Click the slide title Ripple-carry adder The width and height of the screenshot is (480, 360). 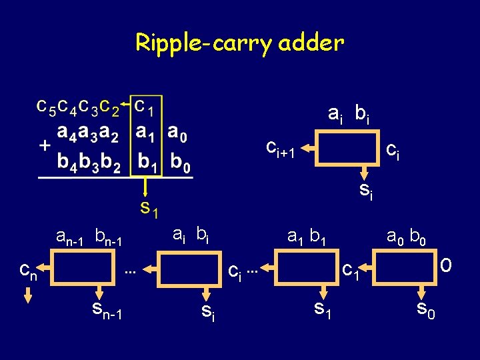(x=239, y=43)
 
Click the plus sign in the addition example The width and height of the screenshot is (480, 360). (x=45, y=145)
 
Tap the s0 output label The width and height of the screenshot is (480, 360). (x=426, y=309)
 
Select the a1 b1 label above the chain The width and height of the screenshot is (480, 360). (x=306, y=236)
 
